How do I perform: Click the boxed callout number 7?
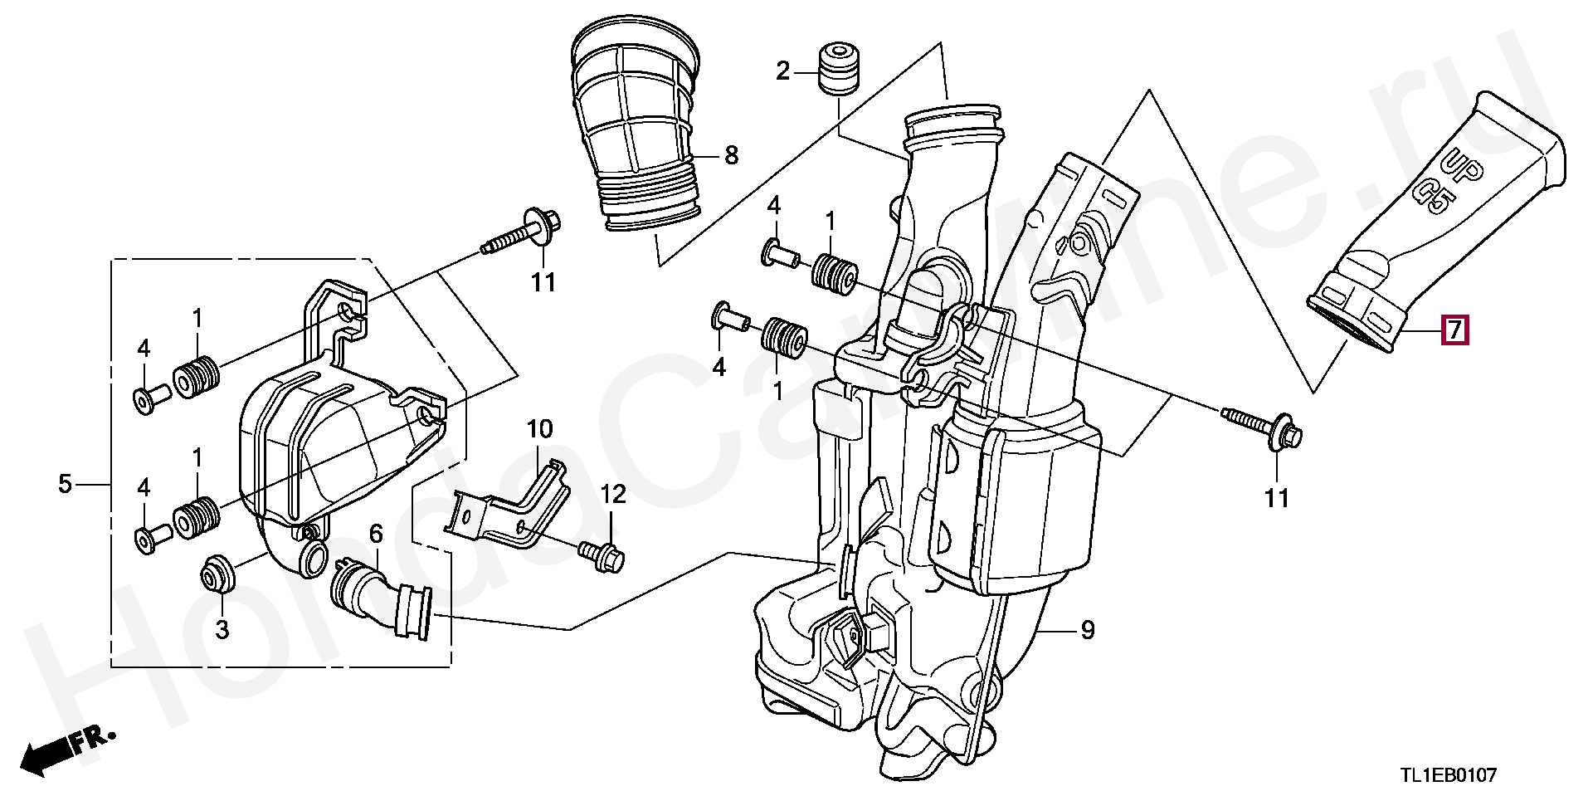pos(1455,330)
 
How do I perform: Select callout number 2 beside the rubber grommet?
pos(783,72)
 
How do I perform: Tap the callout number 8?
pos(731,155)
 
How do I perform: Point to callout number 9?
pos(1088,630)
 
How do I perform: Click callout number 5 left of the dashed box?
pos(66,483)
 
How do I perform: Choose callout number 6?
pos(376,534)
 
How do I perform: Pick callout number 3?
pos(222,629)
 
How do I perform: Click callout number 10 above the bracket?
pos(539,429)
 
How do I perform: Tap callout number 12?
pos(613,495)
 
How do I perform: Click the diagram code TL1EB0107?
pos(1449,775)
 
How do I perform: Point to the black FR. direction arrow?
pos(66,750)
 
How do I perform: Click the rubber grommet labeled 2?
pos(837,67)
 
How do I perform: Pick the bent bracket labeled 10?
pos(509,507)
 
